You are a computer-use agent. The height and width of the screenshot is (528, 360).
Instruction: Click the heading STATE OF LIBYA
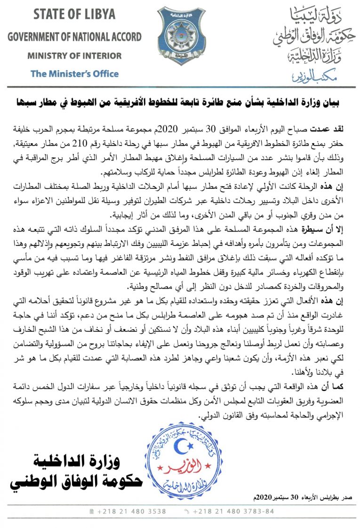(x=74, y=14)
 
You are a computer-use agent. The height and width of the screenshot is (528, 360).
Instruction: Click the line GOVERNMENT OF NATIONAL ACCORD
(x=74, y=37)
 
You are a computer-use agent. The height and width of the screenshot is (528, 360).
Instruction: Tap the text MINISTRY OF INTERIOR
(x=74, y=56)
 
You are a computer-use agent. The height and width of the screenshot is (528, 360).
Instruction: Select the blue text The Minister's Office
(x=74, y=73)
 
